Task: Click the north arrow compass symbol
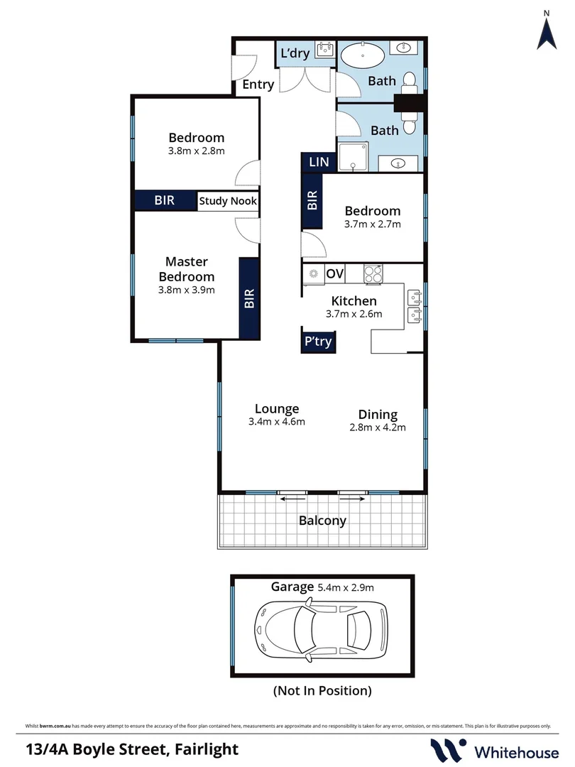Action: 546,32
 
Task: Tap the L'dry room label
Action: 294,54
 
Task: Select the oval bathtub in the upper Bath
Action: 364,55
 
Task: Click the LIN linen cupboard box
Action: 319,162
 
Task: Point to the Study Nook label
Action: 228,201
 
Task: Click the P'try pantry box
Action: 317,342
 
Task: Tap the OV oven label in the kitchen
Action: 334,273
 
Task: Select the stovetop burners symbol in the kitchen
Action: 373,273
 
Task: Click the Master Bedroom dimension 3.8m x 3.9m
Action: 186,290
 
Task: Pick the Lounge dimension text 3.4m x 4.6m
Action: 277,422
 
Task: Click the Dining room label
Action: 378,415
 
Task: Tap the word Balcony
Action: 322,521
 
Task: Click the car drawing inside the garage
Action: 321,626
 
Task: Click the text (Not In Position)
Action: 322,690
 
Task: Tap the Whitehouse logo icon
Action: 449,749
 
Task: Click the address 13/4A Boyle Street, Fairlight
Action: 132,749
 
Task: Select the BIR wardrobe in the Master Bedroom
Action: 249,298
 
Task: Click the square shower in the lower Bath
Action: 353,156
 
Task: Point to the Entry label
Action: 258,85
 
